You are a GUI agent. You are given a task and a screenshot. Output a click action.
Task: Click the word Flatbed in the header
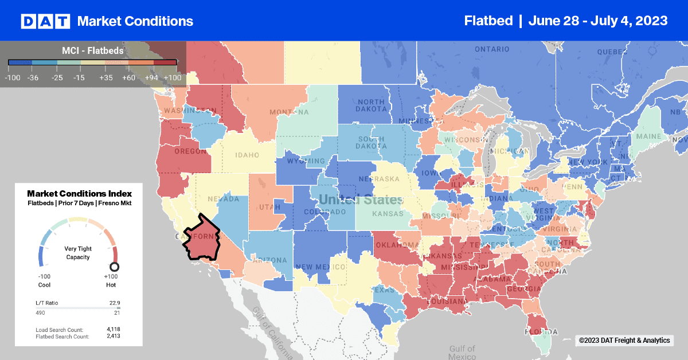click(488, 21)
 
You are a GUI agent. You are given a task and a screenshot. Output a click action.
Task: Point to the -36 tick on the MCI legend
click(33, 76)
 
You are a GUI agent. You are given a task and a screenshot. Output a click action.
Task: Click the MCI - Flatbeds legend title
click(92, 50)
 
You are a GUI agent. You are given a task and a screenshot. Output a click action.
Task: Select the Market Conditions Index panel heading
click(79, 193)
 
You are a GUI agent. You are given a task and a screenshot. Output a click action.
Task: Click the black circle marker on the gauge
click(114, 267)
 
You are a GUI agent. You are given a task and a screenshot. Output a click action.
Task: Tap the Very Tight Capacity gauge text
click(79, 253)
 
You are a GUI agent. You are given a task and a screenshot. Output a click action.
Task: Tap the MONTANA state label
click(293, 112)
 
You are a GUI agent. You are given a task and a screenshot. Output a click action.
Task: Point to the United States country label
click(361, 200)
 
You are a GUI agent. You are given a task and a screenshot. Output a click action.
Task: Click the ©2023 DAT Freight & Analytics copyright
click(624, 341)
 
